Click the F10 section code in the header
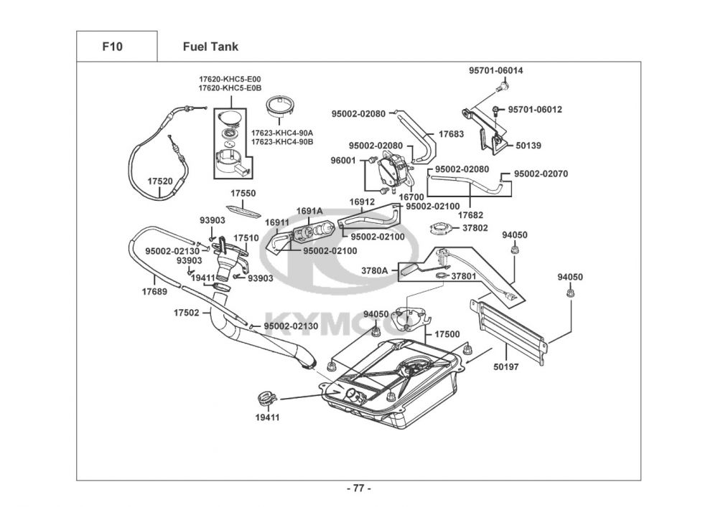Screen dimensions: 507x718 point(112,47)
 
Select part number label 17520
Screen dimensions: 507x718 point(160,181)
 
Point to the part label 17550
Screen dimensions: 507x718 point(243,194)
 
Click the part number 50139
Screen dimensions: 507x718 point(528,146)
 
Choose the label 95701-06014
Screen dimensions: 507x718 point(496,71)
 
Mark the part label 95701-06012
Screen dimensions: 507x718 point(535,110)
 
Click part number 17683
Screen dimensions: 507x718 point(451,134)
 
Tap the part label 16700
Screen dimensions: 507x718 point(411,196)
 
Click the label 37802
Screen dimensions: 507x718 point(475,228)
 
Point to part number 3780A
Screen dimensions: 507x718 point(374,271)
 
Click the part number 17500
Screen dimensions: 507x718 point(447,335)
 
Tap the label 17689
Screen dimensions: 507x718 point(154,292)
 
